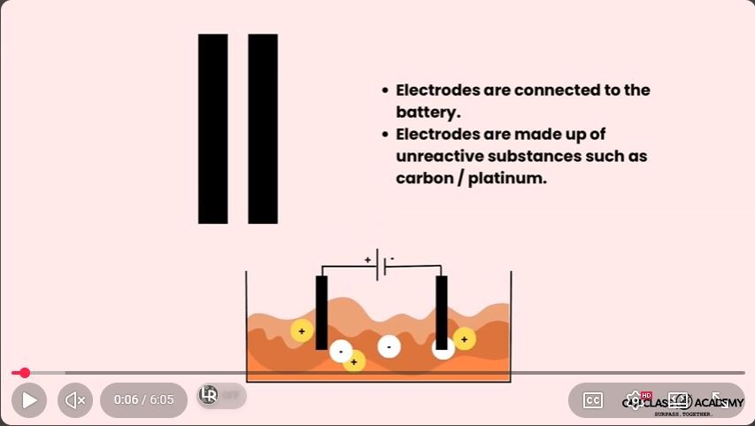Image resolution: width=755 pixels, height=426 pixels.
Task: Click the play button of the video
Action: tap(29, 400)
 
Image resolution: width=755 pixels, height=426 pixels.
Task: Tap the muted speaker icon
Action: tap(75, 400)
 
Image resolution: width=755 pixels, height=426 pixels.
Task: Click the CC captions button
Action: tap(592, 400)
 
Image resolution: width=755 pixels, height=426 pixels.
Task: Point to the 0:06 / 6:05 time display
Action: tap(143, 400)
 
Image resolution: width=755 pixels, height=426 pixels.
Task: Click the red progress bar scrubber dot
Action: tap(25, 373)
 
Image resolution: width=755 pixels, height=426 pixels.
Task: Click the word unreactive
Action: tap(440, 156)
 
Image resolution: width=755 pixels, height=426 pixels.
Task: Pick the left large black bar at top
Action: tap(213, 128)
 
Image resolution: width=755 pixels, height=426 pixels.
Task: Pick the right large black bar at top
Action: tap(263, 128)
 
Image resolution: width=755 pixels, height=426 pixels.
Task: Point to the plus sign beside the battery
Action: tap(367, 259)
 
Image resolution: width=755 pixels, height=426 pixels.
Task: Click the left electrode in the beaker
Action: tap(321, 312)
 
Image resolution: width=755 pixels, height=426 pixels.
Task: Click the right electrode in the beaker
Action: tap(441, 312)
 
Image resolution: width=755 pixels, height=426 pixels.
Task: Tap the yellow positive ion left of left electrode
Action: tap(302, 331)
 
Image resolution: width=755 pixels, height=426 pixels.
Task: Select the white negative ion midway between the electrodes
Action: tap(389, 346)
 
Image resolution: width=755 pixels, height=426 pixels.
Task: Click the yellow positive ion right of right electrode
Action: tap(464, 338)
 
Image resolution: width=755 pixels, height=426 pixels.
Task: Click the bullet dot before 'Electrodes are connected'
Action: tap(385, 91)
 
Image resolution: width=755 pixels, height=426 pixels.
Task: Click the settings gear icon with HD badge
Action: tap(635, 400)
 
